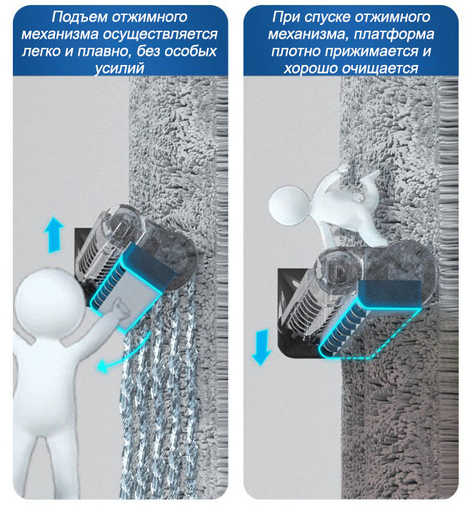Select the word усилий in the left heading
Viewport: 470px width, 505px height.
tap(119, 69)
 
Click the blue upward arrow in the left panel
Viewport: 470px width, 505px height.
tap(54, 234)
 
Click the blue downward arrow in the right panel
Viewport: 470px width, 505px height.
tap(261, 347)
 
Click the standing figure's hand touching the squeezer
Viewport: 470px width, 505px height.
tap(120, 310)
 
